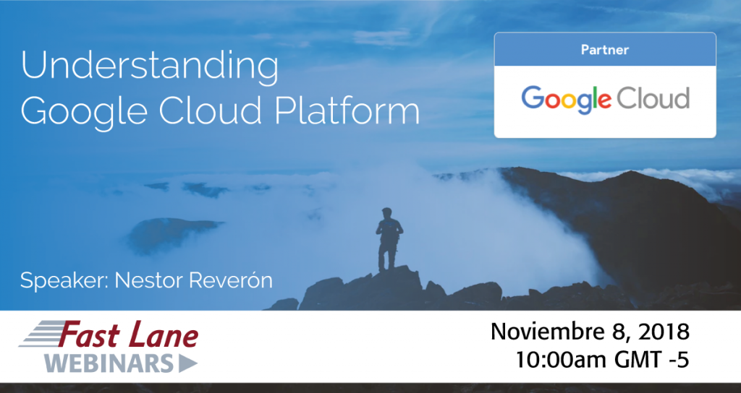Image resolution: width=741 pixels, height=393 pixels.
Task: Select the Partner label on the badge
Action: (604, 50)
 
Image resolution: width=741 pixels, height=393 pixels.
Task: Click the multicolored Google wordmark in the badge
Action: (566, 99)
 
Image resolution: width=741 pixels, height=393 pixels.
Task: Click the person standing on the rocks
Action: (389, 238)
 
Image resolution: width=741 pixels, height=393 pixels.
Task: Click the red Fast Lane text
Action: (128, 337)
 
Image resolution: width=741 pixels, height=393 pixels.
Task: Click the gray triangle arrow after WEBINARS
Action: (187, 363)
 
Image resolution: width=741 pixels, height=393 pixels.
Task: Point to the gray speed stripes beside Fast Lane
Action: (40, 338)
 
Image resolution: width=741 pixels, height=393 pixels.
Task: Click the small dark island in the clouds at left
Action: (174, 232)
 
